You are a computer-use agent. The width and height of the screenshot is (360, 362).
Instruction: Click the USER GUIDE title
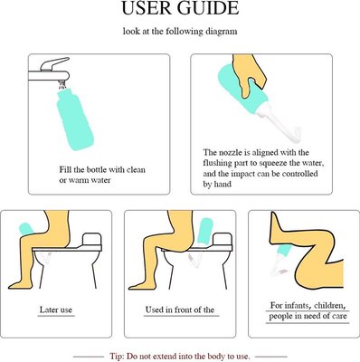180,8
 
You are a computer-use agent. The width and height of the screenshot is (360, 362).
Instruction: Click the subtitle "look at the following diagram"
180,31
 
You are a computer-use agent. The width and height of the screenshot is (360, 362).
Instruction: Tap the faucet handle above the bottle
54,63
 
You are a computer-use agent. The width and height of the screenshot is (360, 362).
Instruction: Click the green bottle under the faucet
75,119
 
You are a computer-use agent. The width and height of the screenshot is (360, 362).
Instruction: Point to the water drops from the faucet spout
62,85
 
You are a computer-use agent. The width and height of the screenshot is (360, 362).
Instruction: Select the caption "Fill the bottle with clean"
102,169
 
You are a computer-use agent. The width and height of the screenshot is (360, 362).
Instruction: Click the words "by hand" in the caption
217,185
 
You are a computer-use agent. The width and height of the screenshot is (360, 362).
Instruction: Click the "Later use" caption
56,310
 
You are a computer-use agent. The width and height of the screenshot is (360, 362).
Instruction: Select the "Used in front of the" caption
180,310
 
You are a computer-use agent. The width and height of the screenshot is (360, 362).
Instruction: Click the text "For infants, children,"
307,306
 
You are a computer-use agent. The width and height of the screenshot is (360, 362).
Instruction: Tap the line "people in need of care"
308,316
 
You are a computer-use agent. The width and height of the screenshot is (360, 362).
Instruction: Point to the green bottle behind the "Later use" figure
25,229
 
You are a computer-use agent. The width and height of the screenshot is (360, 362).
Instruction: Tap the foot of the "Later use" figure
19,284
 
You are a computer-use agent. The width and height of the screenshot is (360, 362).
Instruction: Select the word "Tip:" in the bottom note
117,356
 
